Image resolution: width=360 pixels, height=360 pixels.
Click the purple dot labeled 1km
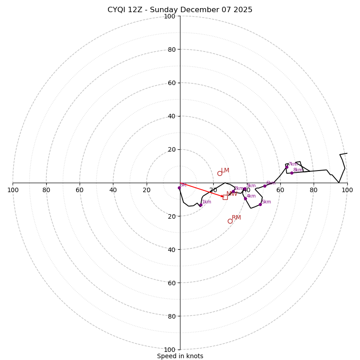pyautogui.click(x=201, y=205)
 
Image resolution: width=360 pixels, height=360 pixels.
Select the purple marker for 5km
pyautogui.click(x=260, y=204)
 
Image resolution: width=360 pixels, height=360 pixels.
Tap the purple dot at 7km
pyautogui.click(x=287, y=167)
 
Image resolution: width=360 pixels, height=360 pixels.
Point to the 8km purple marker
pyautogui.click(x=292, y=173)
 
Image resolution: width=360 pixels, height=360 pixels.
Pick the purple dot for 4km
pyautogui.click(x=245, y=198)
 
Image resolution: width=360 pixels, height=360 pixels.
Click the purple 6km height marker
pyautogui.click(x=265, y=186)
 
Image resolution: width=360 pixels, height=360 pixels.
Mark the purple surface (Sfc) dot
pyautogui.click(x=179, y=188)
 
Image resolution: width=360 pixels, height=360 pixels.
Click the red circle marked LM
pyautogui.click(x=220, y=173)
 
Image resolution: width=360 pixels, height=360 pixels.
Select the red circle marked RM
pyautogui.click(x=230, y=221)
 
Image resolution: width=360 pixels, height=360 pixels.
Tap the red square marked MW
pyautogui.click(x=225, y=197)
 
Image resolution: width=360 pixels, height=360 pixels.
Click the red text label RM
pyautogui.click(x=236, y=217)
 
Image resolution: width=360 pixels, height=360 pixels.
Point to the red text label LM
pyautogui.click(x=225, y=170)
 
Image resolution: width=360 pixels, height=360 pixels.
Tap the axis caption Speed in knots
pyautogui.click(x=180, y=356)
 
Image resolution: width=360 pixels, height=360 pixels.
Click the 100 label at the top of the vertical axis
pyautogui.click(x=170, y=16)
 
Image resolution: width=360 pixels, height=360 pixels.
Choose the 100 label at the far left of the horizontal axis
pyautogui.click(x=13, y=190)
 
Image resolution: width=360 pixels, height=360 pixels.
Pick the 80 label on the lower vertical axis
pyautogui.click(x=171, y=316)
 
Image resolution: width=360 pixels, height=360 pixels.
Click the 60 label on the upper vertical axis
pyautogui.click(x=171, y=83)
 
